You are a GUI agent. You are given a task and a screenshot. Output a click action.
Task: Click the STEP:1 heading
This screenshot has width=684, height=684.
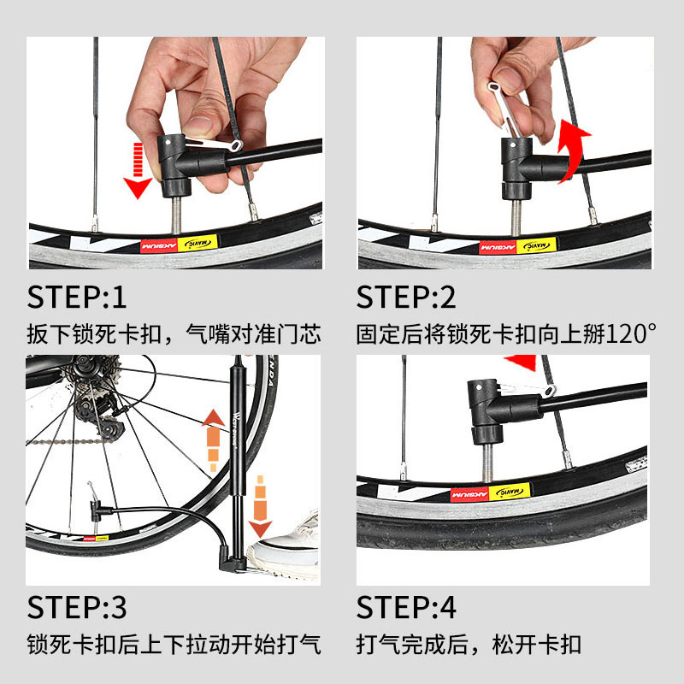77,297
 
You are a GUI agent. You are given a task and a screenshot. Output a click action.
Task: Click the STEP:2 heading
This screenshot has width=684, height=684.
406,297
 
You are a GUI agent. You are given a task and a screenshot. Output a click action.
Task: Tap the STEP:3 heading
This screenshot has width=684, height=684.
77,607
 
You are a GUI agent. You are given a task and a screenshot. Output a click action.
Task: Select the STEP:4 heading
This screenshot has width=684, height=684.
406,607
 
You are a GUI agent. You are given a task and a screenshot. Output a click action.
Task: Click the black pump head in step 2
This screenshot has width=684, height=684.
518,162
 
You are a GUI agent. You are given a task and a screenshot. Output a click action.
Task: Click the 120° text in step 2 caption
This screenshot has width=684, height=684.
629,333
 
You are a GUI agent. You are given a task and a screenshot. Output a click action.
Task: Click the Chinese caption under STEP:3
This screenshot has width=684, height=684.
174,643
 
